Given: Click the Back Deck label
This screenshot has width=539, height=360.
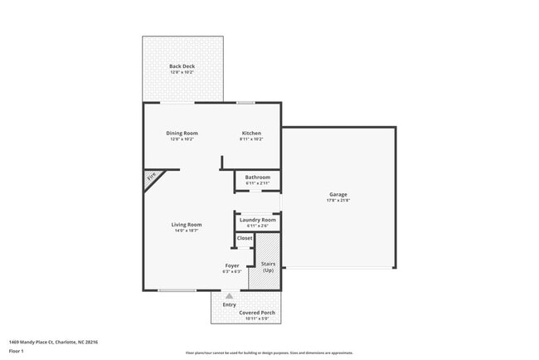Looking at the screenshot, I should [x=182, y=66].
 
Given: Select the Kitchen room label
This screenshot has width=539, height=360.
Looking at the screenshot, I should [x=251, y=134].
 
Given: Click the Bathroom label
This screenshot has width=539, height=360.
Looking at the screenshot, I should [x=257, y=177].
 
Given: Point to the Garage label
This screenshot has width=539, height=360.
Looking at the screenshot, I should [x=337, y=195].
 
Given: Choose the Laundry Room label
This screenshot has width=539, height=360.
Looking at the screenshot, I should [x=257, y=220].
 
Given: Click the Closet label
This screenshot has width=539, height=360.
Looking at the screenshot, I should [x=245, y=238].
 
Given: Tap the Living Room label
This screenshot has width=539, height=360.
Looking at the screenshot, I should [x=187, y=225].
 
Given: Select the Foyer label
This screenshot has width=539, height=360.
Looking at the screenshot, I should [x=231, y=266].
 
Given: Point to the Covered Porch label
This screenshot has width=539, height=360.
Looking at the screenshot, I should [x=256, y=313].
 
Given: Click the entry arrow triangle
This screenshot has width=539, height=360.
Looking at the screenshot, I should [x=230, y=295].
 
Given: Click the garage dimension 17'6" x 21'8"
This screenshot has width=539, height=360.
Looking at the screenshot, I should [x=337, y=201].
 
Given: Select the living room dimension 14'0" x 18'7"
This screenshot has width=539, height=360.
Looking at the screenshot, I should [x=187, y=231].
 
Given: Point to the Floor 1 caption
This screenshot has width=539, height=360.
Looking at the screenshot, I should [x=17, y=351].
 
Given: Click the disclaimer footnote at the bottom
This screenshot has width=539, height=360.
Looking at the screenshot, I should [x=269, y=353].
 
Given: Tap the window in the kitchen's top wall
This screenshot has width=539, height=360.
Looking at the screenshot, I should [x=245, y=102].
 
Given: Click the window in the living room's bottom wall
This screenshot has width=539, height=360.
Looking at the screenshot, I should [x=177, y=290].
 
